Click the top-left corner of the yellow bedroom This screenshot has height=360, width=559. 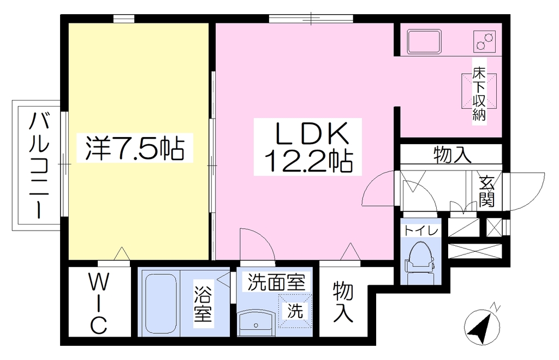pyautogui.click(x=68, y=23)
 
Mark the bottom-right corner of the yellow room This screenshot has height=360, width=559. pyautogui.click(x=209, y=259)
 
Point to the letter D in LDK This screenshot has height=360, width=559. pyautogui.click(x=310, y=133)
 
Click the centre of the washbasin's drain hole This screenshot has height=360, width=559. pyautogui.click(x=255, y=325)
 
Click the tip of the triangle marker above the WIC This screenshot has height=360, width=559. pyautogui.click(x=122, y=247)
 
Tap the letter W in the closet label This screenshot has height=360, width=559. pyautogui.click(x=98, y=285)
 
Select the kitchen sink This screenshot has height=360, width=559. pyautogui.click(x=424, y=42)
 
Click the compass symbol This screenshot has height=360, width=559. pyautogui.click(x=483, y=324)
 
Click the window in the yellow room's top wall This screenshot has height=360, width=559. pyautogui.click(x=124, y=19)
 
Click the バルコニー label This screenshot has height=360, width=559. pyautogui.click(x=39, y=165)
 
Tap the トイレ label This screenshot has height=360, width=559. pyautogui.click(x=420, y=231)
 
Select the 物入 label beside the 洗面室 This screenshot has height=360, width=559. pyautogui.click(x=343, y=302)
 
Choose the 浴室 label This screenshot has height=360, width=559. pyautogui.click(x=203, y=304)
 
